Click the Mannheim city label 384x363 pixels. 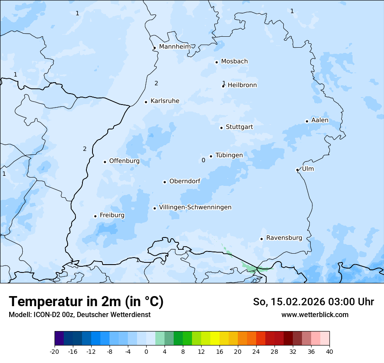click(175, 47)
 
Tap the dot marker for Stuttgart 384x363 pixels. click(221, 128)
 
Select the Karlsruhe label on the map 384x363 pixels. click(165, 101)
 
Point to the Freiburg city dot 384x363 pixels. click(95, 216)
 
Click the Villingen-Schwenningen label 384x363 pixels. click(195, 207)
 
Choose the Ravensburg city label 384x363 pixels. click(284, 238)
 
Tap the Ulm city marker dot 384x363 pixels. click(297, 170)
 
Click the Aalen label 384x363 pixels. click(319, 120)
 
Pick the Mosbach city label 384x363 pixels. click(234, 62)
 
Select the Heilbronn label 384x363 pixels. click(242, 85)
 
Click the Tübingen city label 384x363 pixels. click(229, 155)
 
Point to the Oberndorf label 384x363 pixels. click(185, 181)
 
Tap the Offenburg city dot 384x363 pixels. click(105, 162)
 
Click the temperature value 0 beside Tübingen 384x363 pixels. click(203, 161)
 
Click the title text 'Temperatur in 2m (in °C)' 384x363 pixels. click(86, 302)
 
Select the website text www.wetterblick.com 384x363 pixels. click(315, 314)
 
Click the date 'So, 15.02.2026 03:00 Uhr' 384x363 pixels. click(313, 302)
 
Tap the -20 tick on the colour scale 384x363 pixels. click(55, 351)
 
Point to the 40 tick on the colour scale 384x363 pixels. click(329, 351)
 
